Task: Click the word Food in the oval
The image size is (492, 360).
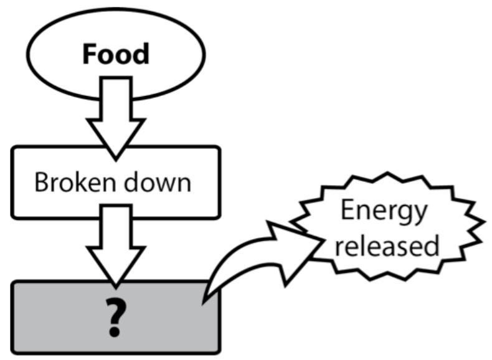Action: point(116,54)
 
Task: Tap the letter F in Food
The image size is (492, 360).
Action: point(91,54)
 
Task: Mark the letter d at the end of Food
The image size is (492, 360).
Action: point(141,54)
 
